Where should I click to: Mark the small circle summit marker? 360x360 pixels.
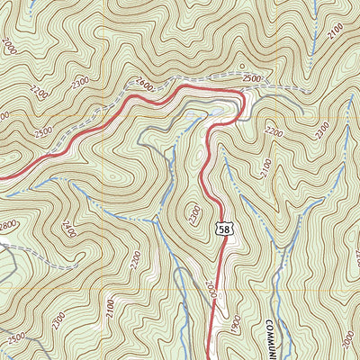(x=241, y=67)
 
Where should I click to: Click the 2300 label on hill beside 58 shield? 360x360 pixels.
(x=195, y=213)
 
